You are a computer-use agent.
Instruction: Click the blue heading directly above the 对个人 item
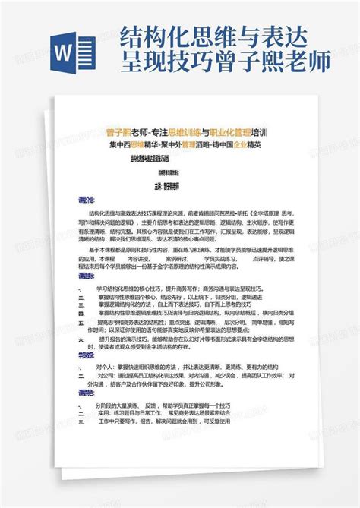(x=85, y=355)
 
